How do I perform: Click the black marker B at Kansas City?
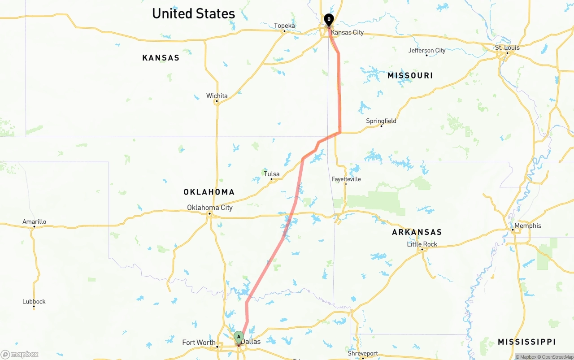point(329,19)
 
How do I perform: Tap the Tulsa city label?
point(271,174)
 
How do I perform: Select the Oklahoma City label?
point(210,208)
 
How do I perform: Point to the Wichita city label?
point(217,96)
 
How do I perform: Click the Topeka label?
point(284,26)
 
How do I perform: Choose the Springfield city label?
point(381,121)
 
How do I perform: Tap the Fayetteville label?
point(346,179)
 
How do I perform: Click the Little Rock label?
point(422,244)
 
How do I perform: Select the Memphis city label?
point(528,226)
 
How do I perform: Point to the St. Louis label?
point(507,48)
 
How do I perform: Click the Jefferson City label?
point(427,50)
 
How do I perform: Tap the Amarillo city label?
point(34,221)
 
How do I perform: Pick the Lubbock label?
point(34,302)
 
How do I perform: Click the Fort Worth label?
point(199,343)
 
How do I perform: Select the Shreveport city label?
point(363,353)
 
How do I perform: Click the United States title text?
point(193,13)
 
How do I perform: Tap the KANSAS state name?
point(161,58)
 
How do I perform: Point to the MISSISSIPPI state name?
point(527,342)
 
